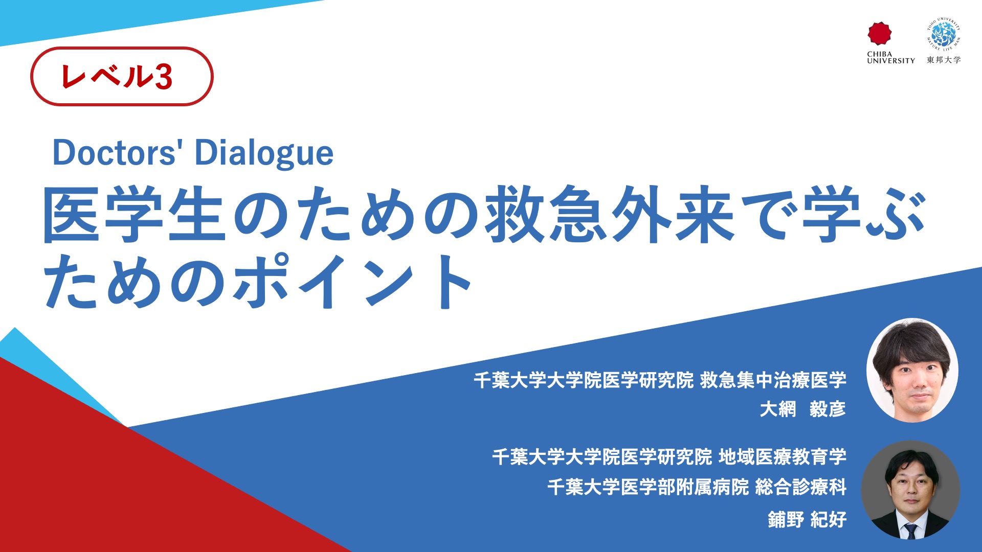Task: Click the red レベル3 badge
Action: [122, 76]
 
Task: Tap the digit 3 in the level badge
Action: [163, 77]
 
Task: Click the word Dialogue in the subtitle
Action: [264, 153]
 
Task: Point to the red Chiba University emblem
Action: [880, 34]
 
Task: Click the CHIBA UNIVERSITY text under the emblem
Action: [891, 57]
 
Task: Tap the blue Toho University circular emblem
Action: [943, 34]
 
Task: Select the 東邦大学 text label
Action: [944, 60]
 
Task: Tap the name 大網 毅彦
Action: [802, 409]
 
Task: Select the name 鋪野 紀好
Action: [807, 519]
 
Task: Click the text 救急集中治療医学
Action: [773, 380]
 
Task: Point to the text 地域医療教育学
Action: [783, 456]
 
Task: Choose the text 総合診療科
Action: [801, 487]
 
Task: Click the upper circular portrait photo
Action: [912, 370]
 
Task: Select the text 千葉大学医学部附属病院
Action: [648, 487]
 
